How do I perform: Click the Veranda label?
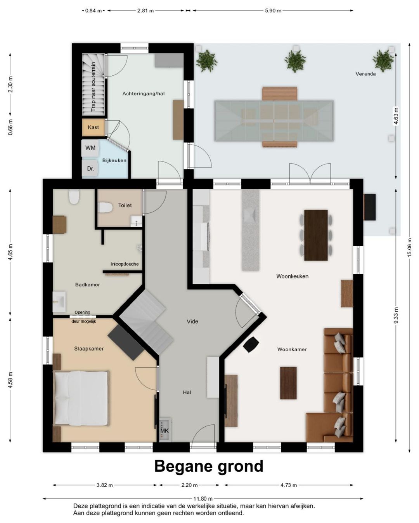click(365, 74)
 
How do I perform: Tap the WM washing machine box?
click(90, 148)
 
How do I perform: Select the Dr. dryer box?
click(90, 168)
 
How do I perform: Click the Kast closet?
click(93, 127)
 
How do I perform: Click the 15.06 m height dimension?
click(410, 247)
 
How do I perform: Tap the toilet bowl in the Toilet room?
click(105, 208)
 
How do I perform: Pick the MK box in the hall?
click(165, 430)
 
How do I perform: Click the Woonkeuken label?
click(292, 276)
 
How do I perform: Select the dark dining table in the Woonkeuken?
click(316, 235)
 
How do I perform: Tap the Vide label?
click(192, 321)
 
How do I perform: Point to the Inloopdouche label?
click(125, 264)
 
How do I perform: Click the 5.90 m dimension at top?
click(273, 10)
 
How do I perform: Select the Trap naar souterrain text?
click(93, 87)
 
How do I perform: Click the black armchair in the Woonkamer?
click(251, 344)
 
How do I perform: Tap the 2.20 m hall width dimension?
click(189, 485)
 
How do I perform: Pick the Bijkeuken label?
click(114, 161)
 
